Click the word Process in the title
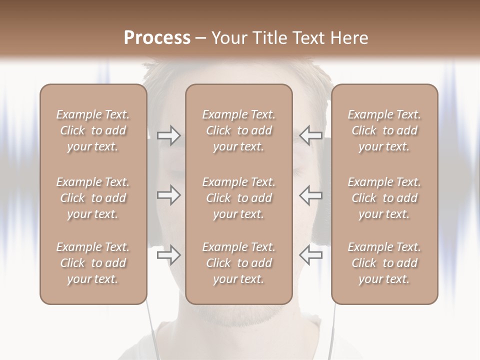coord(157,37)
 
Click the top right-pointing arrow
coord(168,135)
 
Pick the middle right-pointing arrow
coord(168,195)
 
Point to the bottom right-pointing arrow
coord(168,255)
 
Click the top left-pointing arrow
coord(311,135)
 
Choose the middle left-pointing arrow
coord(311,195)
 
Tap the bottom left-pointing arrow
coord(311,255)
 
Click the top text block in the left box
coord(93,130)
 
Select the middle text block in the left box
coord(93,198)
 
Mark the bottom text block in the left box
coord(93,263)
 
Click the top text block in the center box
coord(238,130)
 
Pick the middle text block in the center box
coord(238,198)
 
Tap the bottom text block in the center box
coord(238,263)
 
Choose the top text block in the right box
coord(384,130)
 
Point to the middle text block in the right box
coord(384,198)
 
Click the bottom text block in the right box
coord(384,263)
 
